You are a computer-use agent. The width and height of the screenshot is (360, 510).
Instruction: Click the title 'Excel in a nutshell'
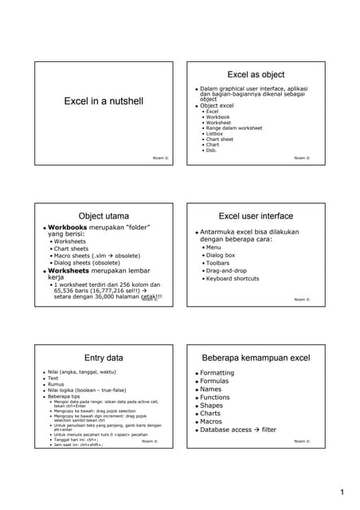tap(104, 101)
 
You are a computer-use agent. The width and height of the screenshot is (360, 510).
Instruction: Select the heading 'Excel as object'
tap(256, 73)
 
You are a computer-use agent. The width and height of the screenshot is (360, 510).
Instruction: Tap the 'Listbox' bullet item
tap(216, 133)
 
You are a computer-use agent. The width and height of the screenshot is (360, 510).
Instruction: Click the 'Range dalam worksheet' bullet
tap(233, 127)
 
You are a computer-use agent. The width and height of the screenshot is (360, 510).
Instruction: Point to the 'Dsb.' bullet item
tap(211, 150)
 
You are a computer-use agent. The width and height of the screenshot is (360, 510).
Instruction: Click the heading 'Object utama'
tap(104, 216)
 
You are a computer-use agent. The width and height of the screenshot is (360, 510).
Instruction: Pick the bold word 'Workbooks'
tap(71, 227)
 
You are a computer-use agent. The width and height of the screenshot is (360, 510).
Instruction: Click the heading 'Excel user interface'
tap(256, 216)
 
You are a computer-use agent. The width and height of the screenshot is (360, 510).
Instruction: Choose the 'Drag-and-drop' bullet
tap(227, 270)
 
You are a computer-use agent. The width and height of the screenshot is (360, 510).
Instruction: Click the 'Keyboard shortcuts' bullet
tap(232, 279)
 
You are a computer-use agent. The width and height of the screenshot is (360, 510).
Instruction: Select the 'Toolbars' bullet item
tap(219, 262)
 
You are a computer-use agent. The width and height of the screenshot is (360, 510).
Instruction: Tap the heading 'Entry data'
tap(104, 358)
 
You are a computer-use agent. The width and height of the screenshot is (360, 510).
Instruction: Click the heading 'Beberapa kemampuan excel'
tap(256, 358)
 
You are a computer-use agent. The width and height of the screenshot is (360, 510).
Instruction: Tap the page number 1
tap(342, 492)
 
